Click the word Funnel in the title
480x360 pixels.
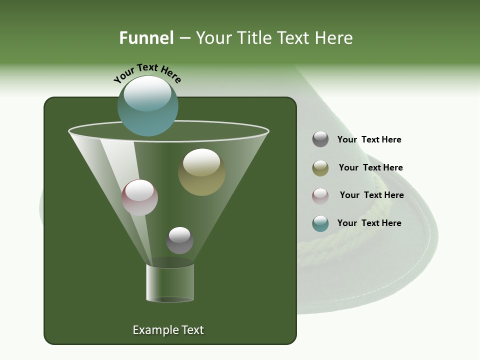[x=146, y=38]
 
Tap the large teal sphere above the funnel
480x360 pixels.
[x=147, y=105]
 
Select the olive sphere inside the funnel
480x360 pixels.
[x=201, y=172]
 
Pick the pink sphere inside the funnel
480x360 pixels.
[x=139, y=197]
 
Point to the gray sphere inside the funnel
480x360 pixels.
[x=179, y=240]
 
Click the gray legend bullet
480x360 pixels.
[x=320, y=139]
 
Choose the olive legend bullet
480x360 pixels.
[x=320, y=168]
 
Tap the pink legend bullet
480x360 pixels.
[x=320, y=196]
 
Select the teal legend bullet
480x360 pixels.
[x=320, y=223]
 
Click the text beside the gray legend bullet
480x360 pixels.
[x=369, y=140]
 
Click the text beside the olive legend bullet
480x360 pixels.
[x=370, y=168]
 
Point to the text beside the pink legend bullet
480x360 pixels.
[x=371, y=195]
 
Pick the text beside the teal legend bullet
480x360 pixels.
[x=369, y=223]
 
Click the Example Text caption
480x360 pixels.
[x=168, y=330]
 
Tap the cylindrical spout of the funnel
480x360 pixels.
[x=169, y=283]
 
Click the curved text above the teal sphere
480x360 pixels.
[x=147, y=72]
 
